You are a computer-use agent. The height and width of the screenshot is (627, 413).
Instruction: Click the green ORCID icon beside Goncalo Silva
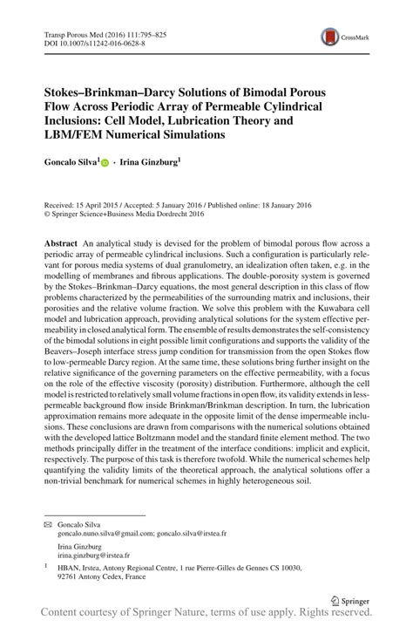click(x=106, y=163)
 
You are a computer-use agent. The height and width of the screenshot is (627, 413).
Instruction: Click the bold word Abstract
click(x=61, y=242)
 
